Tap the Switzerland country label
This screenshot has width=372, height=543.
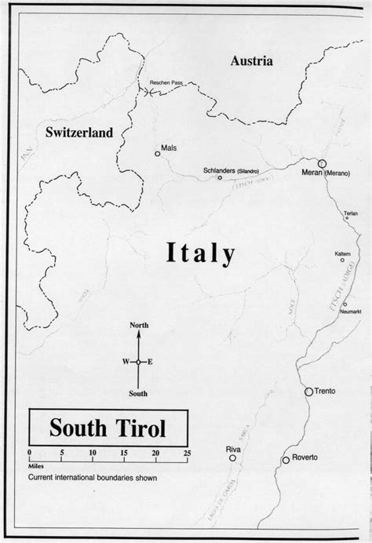click(78, 131)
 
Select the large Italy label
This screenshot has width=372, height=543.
click(201, 253)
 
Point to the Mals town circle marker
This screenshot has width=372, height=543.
click(158, 155)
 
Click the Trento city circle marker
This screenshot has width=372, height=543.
click(308, 390)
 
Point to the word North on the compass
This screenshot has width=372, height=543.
click(139, 325)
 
